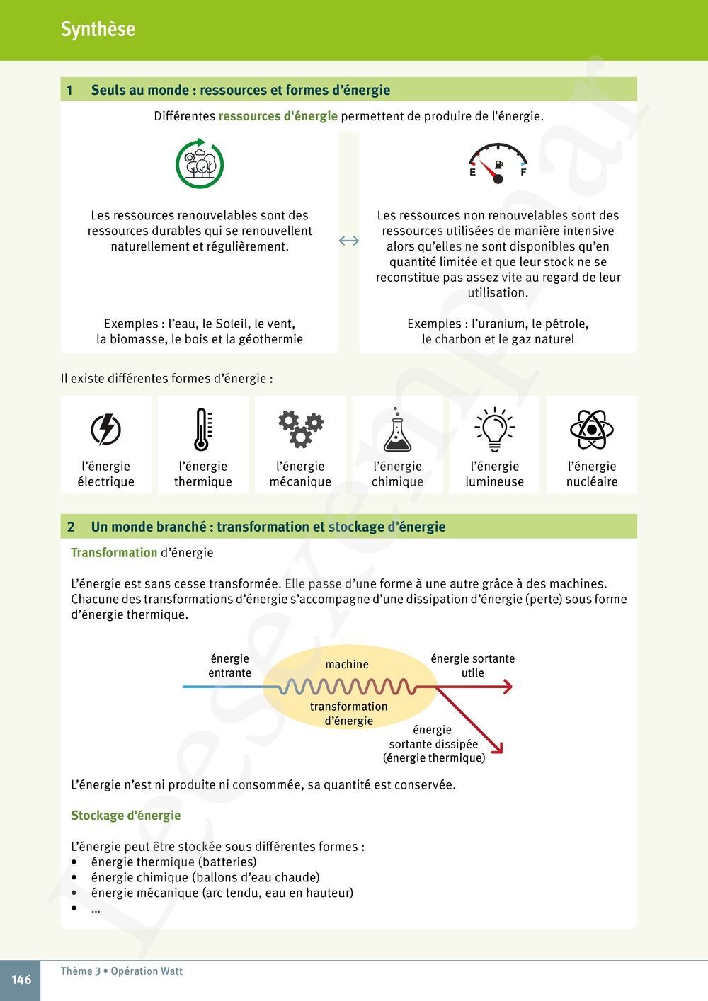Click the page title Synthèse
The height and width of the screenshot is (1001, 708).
tap(98, 29)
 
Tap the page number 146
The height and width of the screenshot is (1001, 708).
tap(21, 980)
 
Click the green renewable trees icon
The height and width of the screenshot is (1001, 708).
tap(200, 164)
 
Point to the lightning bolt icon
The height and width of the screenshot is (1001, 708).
tap(106, 429)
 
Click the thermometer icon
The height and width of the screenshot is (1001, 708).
tap(202, 429)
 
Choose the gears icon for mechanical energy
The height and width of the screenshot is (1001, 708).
tap(300, 429)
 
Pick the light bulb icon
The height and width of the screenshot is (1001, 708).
tap(494, 429)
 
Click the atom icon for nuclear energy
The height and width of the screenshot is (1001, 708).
tap(591, 429)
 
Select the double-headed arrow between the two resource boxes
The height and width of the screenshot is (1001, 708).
tap(349, 241)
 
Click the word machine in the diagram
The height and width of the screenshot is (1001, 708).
tap(347, 665)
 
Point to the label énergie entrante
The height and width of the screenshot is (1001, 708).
tap(229, 666)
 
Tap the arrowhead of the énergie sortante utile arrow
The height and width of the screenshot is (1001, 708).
tap(506, 687)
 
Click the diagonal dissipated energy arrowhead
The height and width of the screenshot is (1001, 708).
tap(497, 748)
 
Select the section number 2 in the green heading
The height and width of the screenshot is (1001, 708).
tap(71, 527)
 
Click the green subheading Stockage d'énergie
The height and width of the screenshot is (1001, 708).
tap(126, 816)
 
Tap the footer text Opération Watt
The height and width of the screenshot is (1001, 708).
tap(147, 971)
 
